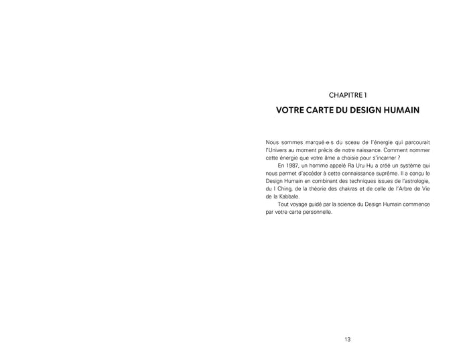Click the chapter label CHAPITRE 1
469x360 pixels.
pos(348,95)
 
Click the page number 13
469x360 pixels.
pos(348,340)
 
